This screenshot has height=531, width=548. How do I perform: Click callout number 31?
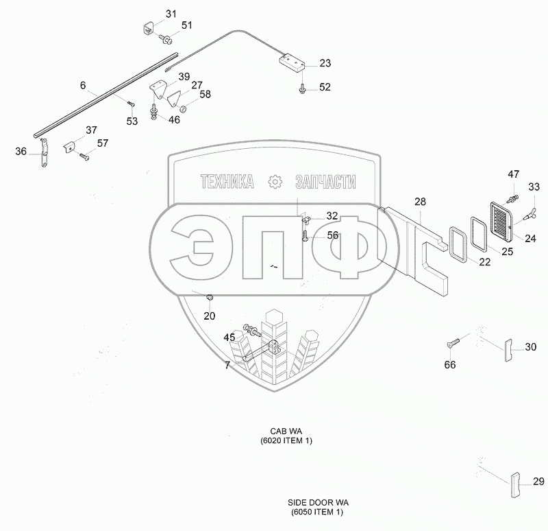[171, 14]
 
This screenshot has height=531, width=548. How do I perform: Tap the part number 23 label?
[325, 63]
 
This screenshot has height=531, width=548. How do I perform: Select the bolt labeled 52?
[302, 87]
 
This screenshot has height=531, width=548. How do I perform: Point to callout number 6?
[83, 86]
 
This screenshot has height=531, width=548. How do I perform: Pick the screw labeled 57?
[84, 156]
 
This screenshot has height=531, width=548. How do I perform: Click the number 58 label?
[205, 95]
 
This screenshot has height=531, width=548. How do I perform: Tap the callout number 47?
[514, 174]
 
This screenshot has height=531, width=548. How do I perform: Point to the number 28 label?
[420, 202]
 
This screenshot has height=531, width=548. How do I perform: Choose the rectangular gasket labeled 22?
[456, 244]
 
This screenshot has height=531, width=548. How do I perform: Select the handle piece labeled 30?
[508, 349]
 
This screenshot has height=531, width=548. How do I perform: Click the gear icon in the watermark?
[275, 182]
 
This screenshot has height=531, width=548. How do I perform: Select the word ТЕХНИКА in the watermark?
[227, 182]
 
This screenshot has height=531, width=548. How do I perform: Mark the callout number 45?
[230, 337]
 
